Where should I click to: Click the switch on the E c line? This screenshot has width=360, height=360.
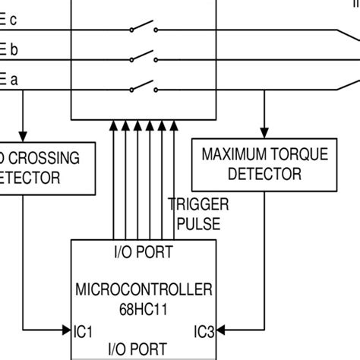[144, 29]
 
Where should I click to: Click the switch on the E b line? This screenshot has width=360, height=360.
[144, 55]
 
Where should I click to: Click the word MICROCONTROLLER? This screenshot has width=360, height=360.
[144, 289]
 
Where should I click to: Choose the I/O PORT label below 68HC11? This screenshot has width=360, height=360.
[143, 349]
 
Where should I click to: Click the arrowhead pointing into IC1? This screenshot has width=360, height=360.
[65, 330]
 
